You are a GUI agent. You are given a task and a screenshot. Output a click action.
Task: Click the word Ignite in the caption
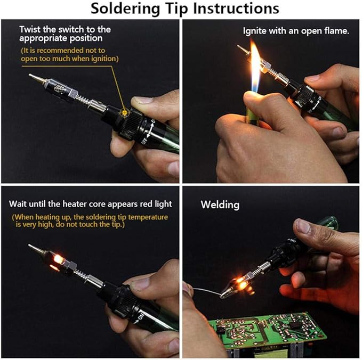click(x=254, y=31)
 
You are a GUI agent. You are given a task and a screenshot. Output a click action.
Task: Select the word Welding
click(x=220, y=204)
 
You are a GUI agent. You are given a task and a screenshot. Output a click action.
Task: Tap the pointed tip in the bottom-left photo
click(x=34, y=248)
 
